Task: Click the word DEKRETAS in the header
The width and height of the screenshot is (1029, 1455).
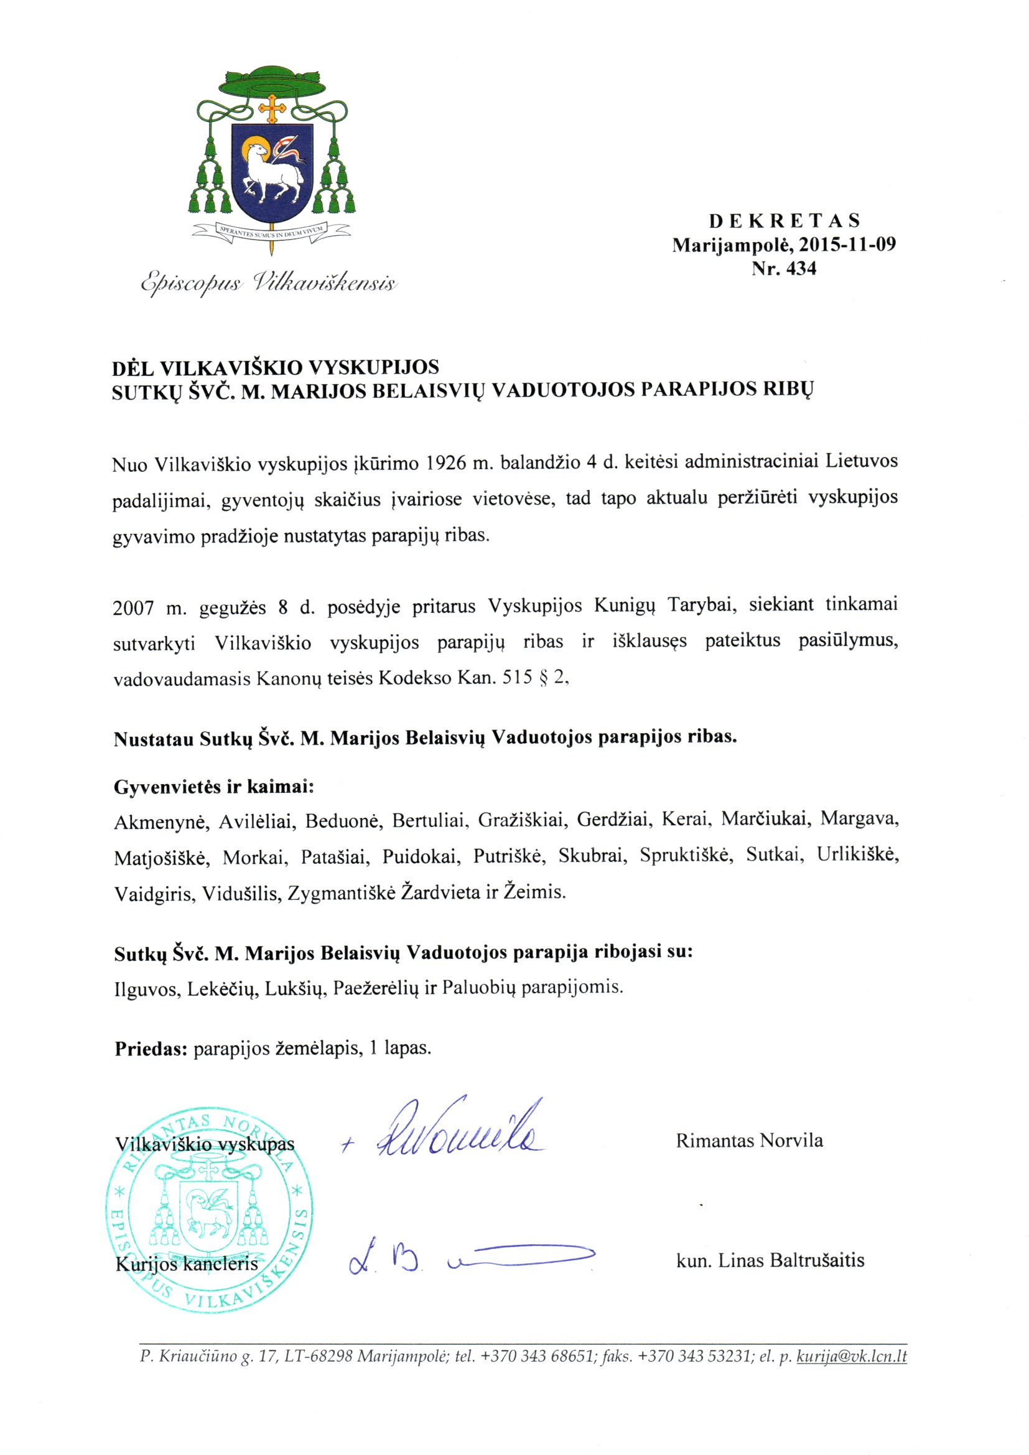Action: [x=785, y=221]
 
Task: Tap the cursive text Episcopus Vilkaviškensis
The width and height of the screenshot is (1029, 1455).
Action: [x=269, y=283]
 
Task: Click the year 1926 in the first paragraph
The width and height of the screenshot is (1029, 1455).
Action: [x=444, y=463]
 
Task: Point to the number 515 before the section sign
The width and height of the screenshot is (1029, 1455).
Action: [x=516, y=679]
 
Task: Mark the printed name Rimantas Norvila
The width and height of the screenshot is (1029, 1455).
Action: [x=750, y=1141]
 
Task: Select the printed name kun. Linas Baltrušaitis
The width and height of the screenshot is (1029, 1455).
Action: [x=770, y=1260]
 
